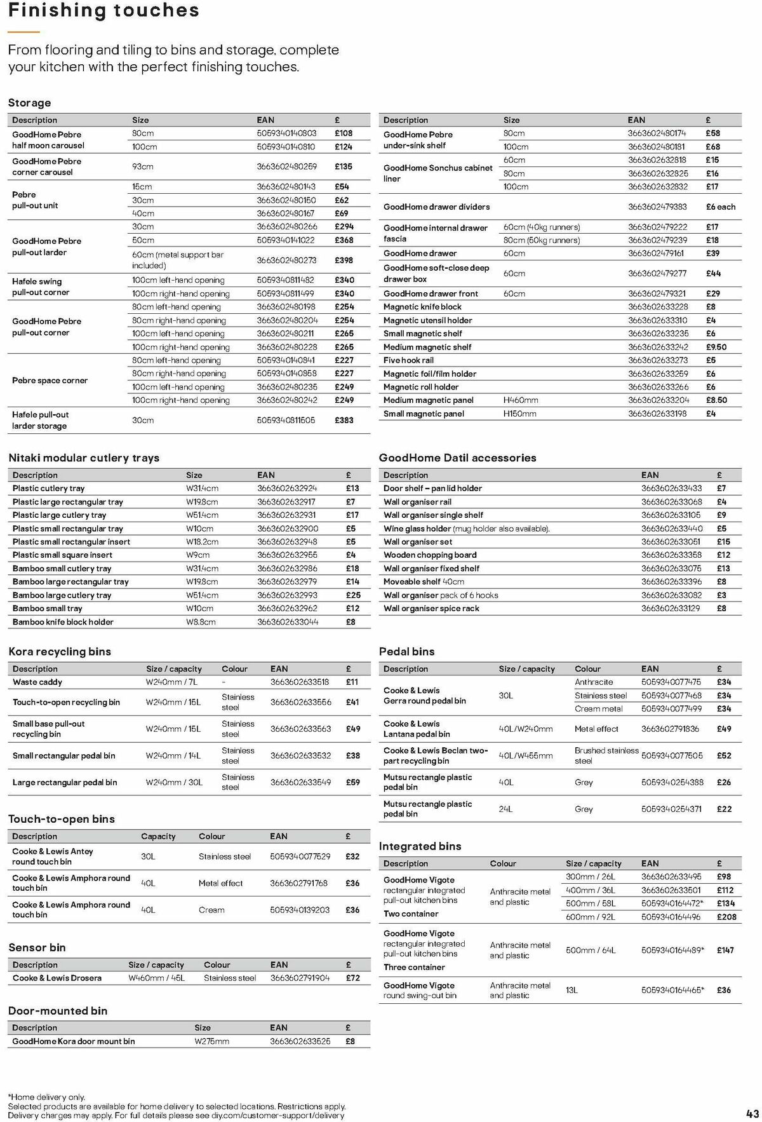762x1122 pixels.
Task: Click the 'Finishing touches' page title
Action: point(104,11)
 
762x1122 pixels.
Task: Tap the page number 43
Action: point(752,1114)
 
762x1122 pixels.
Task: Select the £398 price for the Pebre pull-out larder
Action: point(344,260)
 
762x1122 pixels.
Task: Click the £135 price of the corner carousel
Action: point(344,166)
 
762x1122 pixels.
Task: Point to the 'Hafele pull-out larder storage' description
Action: point(41,420)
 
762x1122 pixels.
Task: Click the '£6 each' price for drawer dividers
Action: point(720,206)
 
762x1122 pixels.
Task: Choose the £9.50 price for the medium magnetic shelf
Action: point(716,347)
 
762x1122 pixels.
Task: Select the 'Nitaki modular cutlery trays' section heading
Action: point(84,457)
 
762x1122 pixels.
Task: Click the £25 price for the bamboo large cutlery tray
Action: point(353,595)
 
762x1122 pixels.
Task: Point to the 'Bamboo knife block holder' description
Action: point(63,622)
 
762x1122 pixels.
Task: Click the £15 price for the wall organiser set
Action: point(723,542)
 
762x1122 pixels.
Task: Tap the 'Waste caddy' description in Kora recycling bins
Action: point(37,682)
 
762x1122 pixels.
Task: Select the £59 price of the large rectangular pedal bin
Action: point(353,782)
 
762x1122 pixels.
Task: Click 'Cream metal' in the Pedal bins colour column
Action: point(598,709)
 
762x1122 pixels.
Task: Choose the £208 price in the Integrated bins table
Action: point(727,917)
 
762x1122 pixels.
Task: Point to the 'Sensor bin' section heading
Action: point(37,947)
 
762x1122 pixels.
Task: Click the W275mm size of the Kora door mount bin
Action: point(211,1041)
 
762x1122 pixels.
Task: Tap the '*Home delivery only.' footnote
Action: point(46,1097)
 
